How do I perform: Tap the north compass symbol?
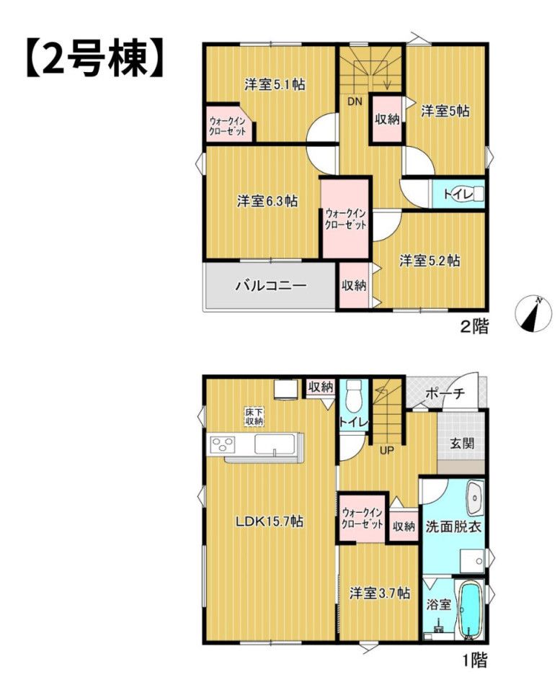pyautogui.click(x=533, y=314)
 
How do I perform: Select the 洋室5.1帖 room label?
pyautogui.click(x=275, y=84)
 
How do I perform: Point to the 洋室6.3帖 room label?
pyautogui.click(x=267, y=202)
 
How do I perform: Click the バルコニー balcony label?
pyautogui.click(x=271, y=285)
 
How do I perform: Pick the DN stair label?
pyautogui.click(x=355, y=102)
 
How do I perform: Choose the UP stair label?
pyautogui.click(x=386, y=450)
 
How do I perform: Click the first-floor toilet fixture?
pyautogui.click(x=355, y=396)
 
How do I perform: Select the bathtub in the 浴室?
pyautogui.click(x=471, y=610)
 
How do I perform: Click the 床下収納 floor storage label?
pyautogui.click(x=254, y=416)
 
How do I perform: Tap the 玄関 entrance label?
pyautogui.click(x=462, y=444)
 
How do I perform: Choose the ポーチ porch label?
pyautogui.click(x=445, y=394)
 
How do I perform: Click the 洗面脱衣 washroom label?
pyautogui.click(x=453, y=526)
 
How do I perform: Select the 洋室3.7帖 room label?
pyautogui.click(x=380, y=593)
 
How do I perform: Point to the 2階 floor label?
pyautogui.click(x=475, y=326)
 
